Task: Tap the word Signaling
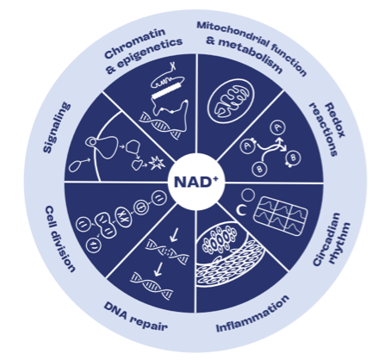pyautogui.click(x=57, y=127)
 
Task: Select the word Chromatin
pyautogui.click(x=134, y=43)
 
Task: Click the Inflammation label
pyautogui.click(x=252, y=313)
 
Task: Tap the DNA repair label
pyautogui.click(x=135, y=316)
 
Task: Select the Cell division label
pyautogui.click(x=60, y=239)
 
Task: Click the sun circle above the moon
pyautogui.click(x=248, y=196)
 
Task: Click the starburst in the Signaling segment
pyautogui.click(x=157, y=164)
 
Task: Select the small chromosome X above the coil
pyautogui.click(x=173, y=66)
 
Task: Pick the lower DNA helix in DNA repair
pyautogui.click(x=152, y=285)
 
